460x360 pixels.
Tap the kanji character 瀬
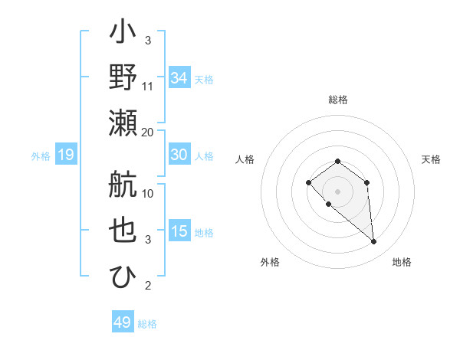coord(123,122)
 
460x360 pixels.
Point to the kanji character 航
coord(123,184)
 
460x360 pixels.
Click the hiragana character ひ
coord(123,276)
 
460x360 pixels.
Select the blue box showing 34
coord(179,78)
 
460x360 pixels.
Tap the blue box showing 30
coord(179,155)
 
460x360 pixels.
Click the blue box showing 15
coord(179,231)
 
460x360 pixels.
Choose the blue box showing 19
coord(65,155)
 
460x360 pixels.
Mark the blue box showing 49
coord(123,322)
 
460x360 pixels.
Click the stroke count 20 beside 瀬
coord(148,132)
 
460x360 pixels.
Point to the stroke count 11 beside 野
coord(148,86)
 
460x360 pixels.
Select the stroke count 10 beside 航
coord(148,194)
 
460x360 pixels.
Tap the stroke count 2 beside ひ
coord(148,286)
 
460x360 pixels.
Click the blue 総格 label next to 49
coord(147,324)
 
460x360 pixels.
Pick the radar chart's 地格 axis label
coord(402,263)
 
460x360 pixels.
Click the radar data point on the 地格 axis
coord(373,242)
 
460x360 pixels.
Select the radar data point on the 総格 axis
coord(337,161)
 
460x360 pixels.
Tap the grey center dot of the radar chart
coord(337,191)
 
